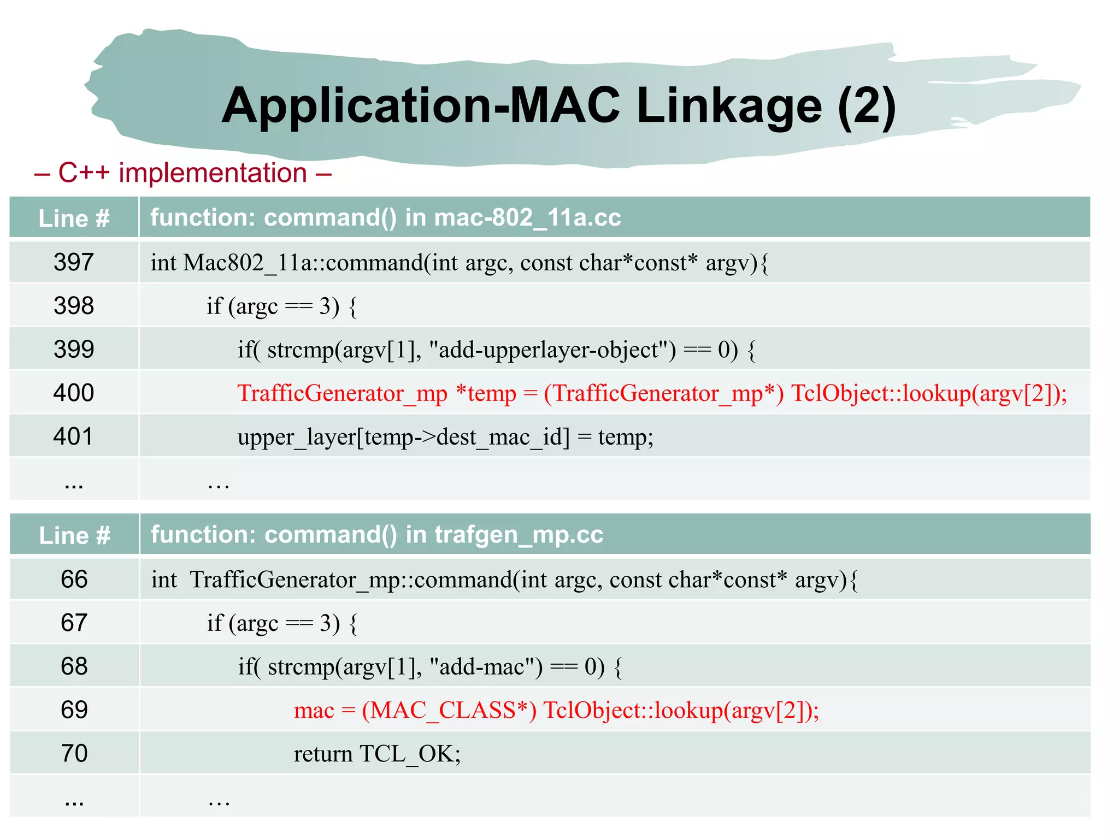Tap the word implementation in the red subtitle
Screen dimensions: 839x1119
coord(213,174)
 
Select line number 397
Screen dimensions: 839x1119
coord(74,263)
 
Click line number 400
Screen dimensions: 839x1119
coord(74,393)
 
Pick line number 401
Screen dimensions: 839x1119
coord(74,437)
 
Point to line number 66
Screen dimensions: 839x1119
coord(74,580)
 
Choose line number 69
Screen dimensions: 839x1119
coord(74,710)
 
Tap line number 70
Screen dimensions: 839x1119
coord(74,754)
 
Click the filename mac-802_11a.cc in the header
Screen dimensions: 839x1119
coord(528,218)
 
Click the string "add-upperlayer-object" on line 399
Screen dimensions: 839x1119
coord(553,350)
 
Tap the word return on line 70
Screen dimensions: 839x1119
coord(323,754)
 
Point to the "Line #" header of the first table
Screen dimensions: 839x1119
coord(74,218)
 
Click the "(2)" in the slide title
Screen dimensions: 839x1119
coord(867,107)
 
